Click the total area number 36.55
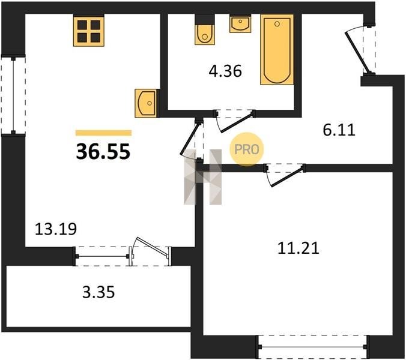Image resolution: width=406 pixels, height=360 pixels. point(103,152)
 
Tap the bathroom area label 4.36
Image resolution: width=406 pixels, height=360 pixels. point(225,71)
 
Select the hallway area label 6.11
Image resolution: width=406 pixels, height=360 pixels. point(339,130)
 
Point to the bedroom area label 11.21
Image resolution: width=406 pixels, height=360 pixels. point(298,248)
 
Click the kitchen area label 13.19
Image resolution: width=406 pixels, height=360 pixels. point(56,229)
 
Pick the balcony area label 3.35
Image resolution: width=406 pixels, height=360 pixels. point(98,293)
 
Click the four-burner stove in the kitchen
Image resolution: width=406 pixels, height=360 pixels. point(89,31)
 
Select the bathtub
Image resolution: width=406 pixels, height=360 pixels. point(277,49)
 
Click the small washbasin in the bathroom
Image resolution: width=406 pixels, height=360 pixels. point(240,24)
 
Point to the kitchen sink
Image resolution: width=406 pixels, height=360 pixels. point(146,103)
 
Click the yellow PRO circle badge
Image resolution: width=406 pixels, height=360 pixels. point(246,149)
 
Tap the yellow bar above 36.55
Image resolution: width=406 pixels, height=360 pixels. point(103,133)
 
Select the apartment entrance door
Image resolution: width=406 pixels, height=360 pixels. point(361,49)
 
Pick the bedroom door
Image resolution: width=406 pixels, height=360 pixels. point(285,175)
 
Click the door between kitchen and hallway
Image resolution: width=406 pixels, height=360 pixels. point(192,140)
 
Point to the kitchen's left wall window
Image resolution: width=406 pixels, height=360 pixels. point(13,95)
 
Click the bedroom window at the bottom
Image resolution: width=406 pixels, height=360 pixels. point(312,347)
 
